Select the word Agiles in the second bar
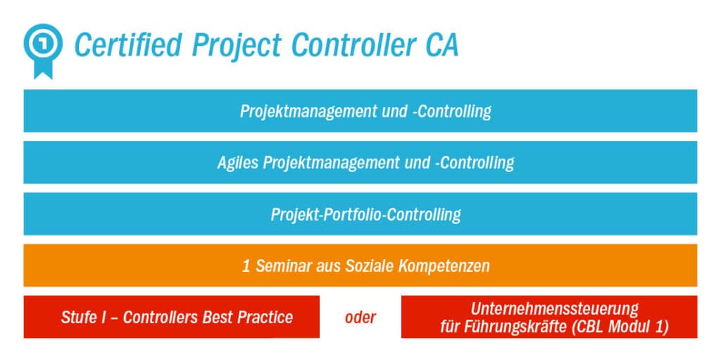237,163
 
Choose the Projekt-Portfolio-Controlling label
365,215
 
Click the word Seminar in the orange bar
280,266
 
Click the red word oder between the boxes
360,318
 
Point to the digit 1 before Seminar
246,266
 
